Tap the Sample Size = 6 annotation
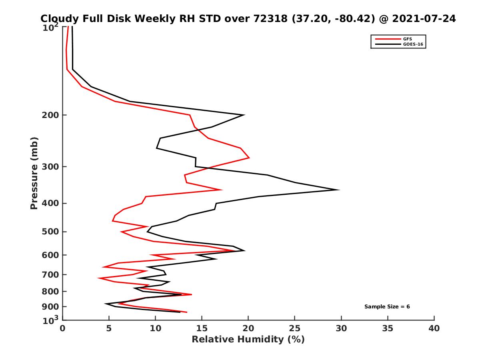coord(387,307)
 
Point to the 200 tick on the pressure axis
coord(51,115)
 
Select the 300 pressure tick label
coord(51,167)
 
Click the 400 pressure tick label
coord(51,203)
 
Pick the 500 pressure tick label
coord(51,232)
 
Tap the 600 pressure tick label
coord(51,255)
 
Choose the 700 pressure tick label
coord(51,274)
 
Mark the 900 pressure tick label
coord(51,307)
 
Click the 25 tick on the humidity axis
coord(295,328)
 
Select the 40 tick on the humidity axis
coord(434,328)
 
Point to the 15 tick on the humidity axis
coord(202,328)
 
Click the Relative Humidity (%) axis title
coord(248,340)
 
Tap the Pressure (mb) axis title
coord(34,173)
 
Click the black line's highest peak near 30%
coord(339,190)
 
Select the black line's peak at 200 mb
coord(244,115)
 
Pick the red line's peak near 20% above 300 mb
coord(249,158)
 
